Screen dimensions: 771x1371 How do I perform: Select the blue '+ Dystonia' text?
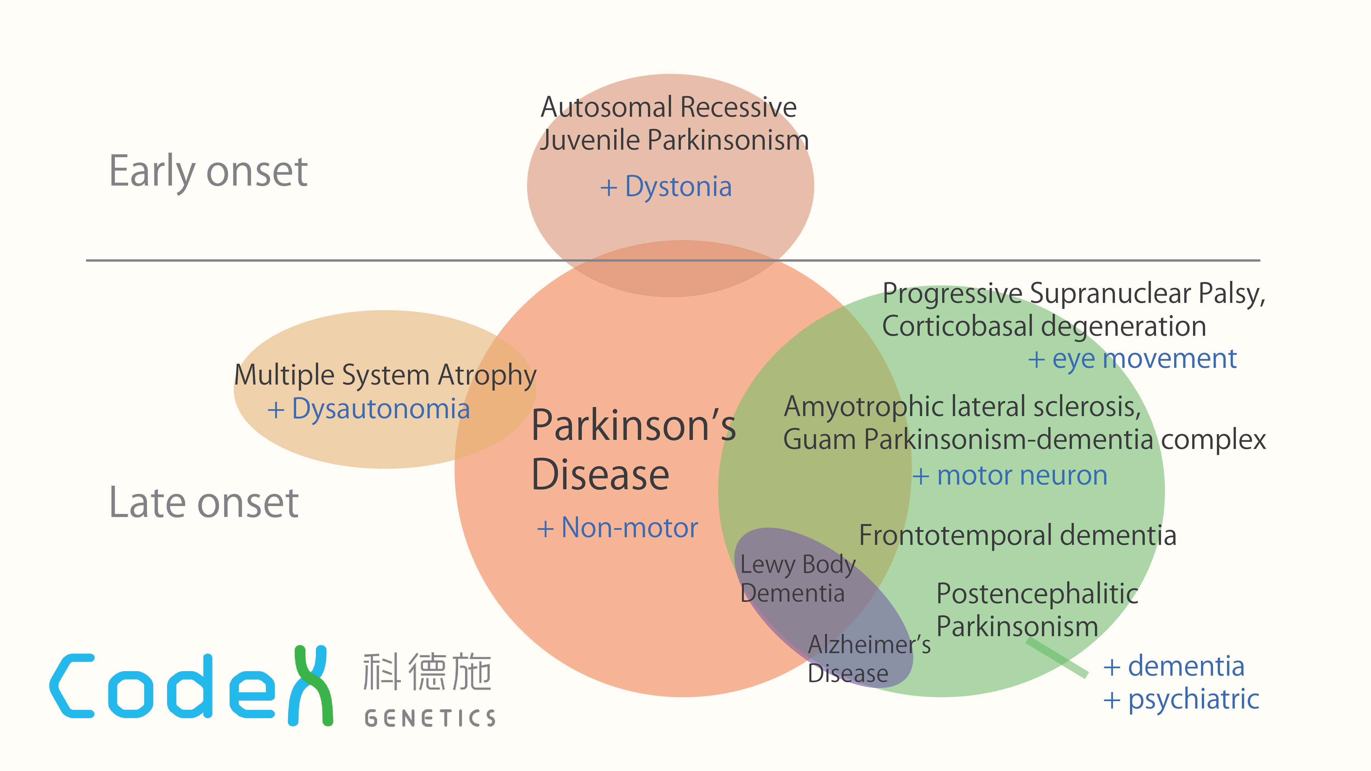666,187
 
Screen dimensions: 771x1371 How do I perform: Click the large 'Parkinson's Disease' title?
633,449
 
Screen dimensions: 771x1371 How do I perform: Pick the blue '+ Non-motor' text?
617,528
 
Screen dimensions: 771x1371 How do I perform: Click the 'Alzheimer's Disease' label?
869,659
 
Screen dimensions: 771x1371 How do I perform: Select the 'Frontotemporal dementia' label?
1017,535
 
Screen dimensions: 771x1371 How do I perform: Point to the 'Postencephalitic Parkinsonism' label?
1036,610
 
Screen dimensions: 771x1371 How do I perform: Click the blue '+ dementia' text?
1174,666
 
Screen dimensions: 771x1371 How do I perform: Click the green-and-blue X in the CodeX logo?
311,685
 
